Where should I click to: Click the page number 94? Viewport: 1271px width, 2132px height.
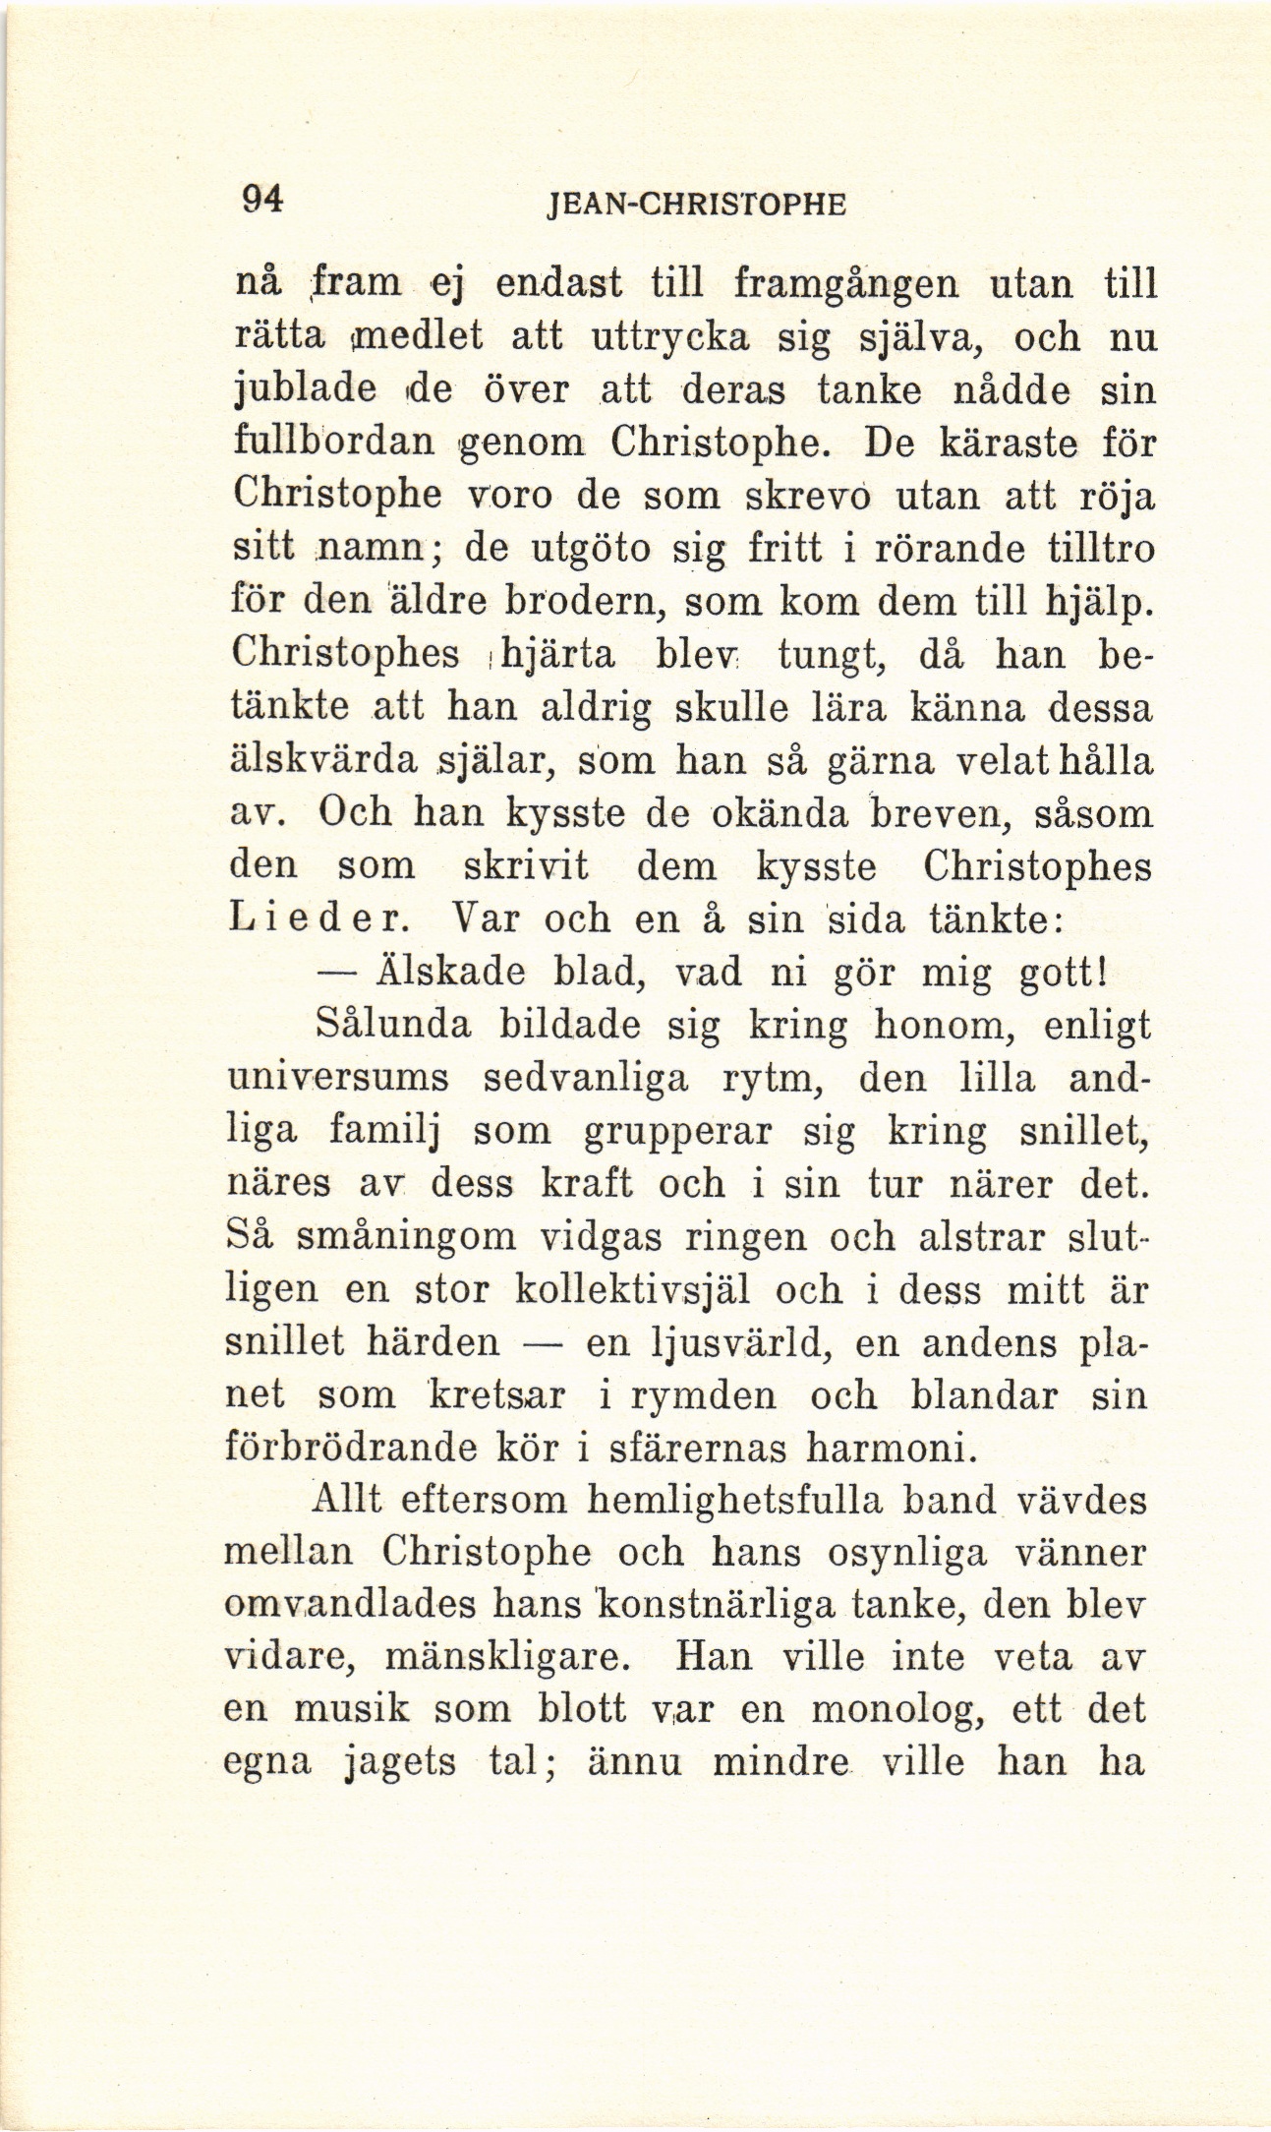coord(262,200)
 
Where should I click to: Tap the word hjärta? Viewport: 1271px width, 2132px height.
coord(557,656)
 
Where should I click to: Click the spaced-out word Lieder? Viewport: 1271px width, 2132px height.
coord(313,919)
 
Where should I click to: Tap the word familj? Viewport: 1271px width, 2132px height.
coord(383,1133)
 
